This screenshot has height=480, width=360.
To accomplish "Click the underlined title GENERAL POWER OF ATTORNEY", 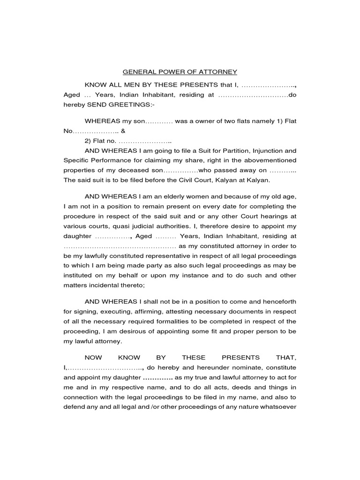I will tap(180, 72).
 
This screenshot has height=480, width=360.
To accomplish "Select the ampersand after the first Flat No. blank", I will tap(123, 131).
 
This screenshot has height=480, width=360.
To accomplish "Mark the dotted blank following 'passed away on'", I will tap(283, 171).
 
